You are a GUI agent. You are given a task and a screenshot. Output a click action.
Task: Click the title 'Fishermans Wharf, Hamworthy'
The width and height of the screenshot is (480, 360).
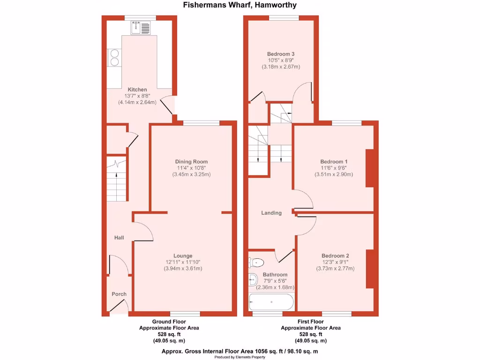click(x=240, y=5)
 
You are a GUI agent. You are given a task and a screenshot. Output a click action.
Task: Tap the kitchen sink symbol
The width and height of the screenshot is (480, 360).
click(x=141, y=28)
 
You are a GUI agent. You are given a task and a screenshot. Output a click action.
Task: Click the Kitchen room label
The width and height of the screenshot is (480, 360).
click(x=137, y=90)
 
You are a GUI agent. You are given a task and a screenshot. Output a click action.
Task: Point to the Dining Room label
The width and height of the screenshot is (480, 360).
click(x=192, y=162)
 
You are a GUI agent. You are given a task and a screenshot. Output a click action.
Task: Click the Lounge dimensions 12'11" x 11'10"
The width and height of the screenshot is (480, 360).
click(x=183, y=262)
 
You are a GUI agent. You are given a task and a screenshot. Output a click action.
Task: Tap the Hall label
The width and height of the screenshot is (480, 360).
click(x=119, y=238)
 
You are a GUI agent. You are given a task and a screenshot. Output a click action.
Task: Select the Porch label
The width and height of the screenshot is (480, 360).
click(x=119, y=294)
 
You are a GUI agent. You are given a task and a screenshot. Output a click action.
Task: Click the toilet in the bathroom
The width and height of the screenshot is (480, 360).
click(x=257, y=262)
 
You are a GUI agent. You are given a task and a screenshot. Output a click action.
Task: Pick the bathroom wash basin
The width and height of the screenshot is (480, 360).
click(x=253, y=280)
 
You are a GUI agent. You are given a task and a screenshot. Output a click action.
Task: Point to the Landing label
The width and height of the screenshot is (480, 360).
click(x=271, y=213)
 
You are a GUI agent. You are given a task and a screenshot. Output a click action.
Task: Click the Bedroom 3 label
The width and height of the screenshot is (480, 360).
click(x=281, y=54)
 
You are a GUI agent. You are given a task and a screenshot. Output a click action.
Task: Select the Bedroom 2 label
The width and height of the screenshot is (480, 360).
click(x=335, y=255)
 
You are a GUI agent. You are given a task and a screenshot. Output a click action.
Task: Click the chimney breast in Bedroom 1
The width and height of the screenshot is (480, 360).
click(x=370, y=168)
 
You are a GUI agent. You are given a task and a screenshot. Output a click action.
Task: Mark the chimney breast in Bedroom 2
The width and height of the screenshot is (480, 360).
click(x=370, y=269)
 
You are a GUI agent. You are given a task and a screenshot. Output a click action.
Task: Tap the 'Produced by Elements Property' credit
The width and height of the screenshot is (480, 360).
click(x=240, y=357)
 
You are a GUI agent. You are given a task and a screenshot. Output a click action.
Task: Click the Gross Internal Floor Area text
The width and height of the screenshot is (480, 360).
click(x=240, y=351)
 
